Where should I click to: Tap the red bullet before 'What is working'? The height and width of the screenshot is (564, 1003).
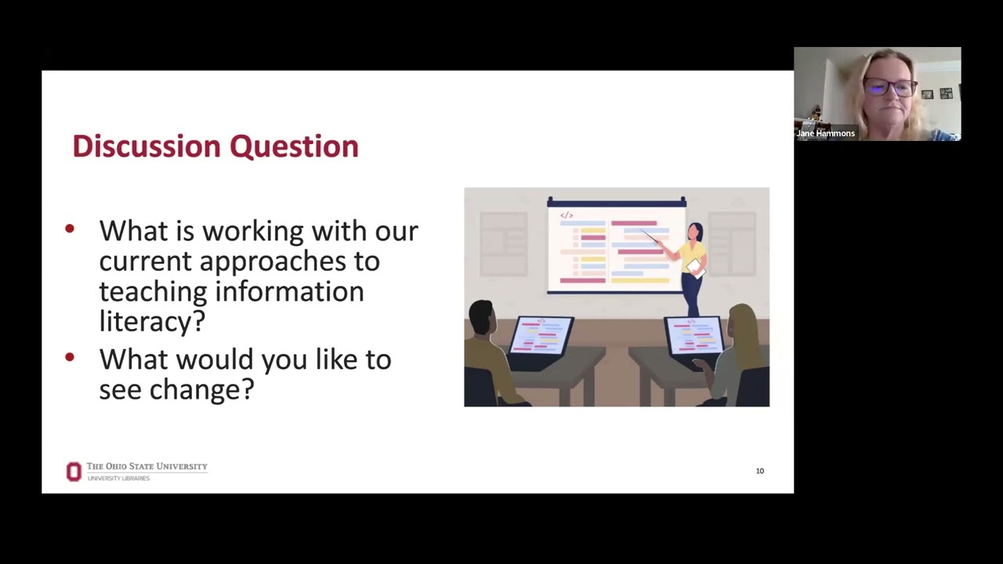[70, 229]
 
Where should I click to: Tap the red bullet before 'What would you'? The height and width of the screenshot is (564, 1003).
[70, 357]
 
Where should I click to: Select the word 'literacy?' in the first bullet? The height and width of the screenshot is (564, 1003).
[152, 321]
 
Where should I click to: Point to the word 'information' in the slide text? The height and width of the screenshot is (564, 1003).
[289, 291]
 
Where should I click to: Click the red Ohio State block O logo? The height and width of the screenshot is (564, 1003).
[74, 472]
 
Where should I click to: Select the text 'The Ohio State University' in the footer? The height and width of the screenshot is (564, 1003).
[147, 466]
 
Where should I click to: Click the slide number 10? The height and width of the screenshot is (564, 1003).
[759, 471]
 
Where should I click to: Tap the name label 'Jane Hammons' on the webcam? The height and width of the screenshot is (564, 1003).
[825, 133]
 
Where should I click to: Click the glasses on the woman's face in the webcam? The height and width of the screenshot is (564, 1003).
[891, 87]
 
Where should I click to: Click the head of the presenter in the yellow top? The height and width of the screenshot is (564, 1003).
[695, 232]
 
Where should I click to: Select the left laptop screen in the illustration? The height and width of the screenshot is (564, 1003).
[541, 334]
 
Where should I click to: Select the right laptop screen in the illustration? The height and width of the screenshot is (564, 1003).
[693, 334]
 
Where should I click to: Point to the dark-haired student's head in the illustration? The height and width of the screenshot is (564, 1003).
[482, 317]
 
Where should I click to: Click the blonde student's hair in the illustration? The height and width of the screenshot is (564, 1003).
[742, 325]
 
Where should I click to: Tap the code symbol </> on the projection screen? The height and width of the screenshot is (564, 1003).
[567, 215]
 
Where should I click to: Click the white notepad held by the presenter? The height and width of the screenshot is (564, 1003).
[695, 267]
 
